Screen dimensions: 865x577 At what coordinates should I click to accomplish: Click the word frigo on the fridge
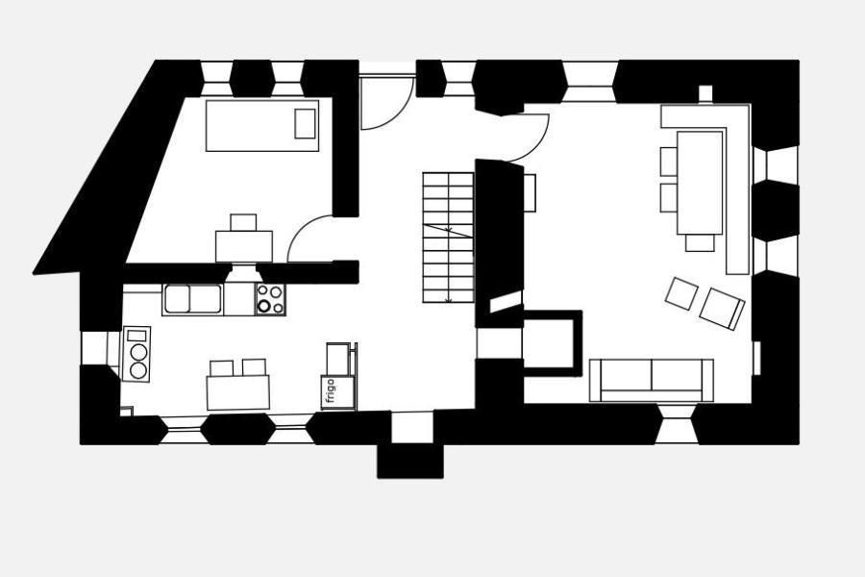[331, 391]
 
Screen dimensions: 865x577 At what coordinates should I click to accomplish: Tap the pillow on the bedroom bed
[305, 124]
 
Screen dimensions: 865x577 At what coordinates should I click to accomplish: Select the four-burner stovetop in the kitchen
[270, 299]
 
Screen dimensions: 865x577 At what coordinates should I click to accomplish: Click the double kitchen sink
[192, 299]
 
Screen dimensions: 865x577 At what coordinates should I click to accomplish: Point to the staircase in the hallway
[449, 238]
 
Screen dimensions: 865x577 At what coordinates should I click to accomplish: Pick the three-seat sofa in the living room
[652, 380]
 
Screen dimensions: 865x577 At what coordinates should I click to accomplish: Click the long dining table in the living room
[700, 183]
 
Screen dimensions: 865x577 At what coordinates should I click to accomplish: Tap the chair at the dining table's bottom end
[700, 243]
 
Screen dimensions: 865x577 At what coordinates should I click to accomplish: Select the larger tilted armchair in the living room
[722, 309]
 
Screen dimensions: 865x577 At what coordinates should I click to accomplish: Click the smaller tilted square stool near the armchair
[681, 293]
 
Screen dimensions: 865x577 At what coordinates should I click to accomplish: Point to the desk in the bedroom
[244, 246]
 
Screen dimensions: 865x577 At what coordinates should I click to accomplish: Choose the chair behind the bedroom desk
[243, 222]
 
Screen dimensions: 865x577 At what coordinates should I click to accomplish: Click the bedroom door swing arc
[309, 238]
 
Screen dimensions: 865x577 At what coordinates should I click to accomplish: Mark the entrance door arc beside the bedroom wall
[386, 103]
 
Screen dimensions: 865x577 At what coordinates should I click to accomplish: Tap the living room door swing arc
[527, 138]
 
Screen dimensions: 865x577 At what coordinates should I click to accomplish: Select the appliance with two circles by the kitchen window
[136, 353]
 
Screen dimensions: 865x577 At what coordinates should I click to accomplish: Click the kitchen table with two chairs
[238, 392]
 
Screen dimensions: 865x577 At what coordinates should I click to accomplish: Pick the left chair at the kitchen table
[222, 367]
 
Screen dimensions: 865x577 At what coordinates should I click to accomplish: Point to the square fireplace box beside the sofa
[553, 343]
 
